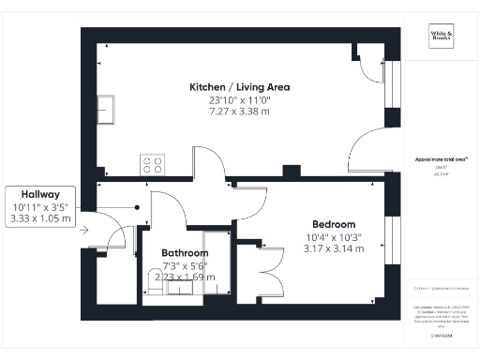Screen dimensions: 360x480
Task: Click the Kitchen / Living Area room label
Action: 240,87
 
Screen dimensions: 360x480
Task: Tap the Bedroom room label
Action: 334,225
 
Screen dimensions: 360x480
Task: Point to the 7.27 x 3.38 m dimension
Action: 240,112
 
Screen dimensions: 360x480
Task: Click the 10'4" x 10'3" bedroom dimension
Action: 334,237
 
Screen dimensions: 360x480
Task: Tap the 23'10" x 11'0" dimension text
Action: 240,99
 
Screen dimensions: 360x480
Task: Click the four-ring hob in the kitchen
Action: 151,165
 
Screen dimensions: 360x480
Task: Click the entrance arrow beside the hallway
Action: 86,228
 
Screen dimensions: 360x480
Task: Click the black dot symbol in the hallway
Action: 137,208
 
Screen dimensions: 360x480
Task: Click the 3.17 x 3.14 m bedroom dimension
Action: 334,248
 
